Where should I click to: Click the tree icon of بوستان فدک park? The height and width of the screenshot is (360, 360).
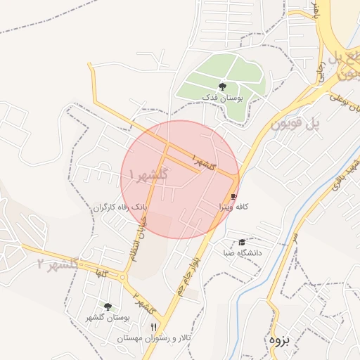[223, 85]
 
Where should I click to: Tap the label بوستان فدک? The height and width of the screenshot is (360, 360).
[221, 97]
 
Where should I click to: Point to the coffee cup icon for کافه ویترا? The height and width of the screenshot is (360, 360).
[233, 196]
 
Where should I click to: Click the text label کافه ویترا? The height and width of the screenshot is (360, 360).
[233, 207]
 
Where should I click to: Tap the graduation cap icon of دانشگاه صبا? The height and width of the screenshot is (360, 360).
[242, 242]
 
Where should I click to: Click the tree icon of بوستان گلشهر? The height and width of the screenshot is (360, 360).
[108, 307]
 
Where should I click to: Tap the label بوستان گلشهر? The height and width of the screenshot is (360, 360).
[108, 318]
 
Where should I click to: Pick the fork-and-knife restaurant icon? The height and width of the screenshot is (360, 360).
[153, 327]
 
